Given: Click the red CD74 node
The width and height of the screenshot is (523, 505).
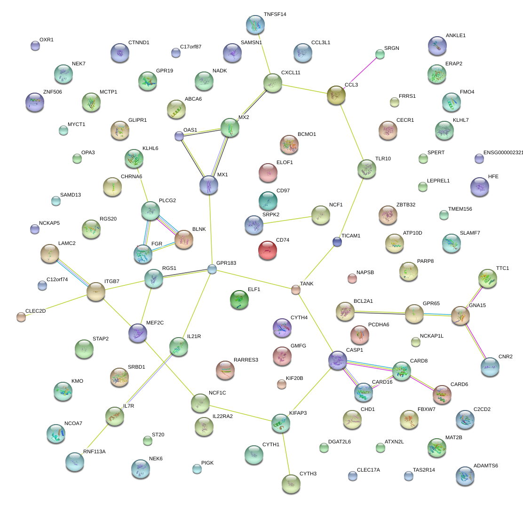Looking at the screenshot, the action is [268, 250].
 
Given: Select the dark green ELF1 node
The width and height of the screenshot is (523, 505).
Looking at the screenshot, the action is [239, 300].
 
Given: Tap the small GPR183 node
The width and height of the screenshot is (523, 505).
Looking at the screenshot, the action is [212, 269].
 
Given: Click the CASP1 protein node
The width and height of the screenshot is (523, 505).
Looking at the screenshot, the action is [337, 360].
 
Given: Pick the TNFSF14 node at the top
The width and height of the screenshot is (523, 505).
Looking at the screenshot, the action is [255, 24].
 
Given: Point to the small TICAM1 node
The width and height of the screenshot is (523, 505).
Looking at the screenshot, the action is [337, 242].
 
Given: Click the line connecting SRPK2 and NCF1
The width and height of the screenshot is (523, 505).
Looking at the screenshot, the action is [287, 220].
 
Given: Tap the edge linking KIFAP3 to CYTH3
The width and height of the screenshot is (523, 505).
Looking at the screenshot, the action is [285, 452].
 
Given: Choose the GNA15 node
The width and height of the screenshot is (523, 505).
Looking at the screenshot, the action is [460, 316].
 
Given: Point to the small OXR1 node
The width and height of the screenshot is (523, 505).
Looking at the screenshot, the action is [35, 46].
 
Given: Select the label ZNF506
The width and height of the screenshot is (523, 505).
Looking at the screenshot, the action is [52, 92].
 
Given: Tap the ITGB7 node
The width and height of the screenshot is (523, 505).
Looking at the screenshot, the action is [96, 292].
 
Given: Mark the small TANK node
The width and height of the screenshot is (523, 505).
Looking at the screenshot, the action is [295, 290].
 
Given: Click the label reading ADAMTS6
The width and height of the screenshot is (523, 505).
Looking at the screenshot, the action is [485, 466].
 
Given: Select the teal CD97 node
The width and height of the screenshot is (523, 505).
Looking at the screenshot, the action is [268, 201].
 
